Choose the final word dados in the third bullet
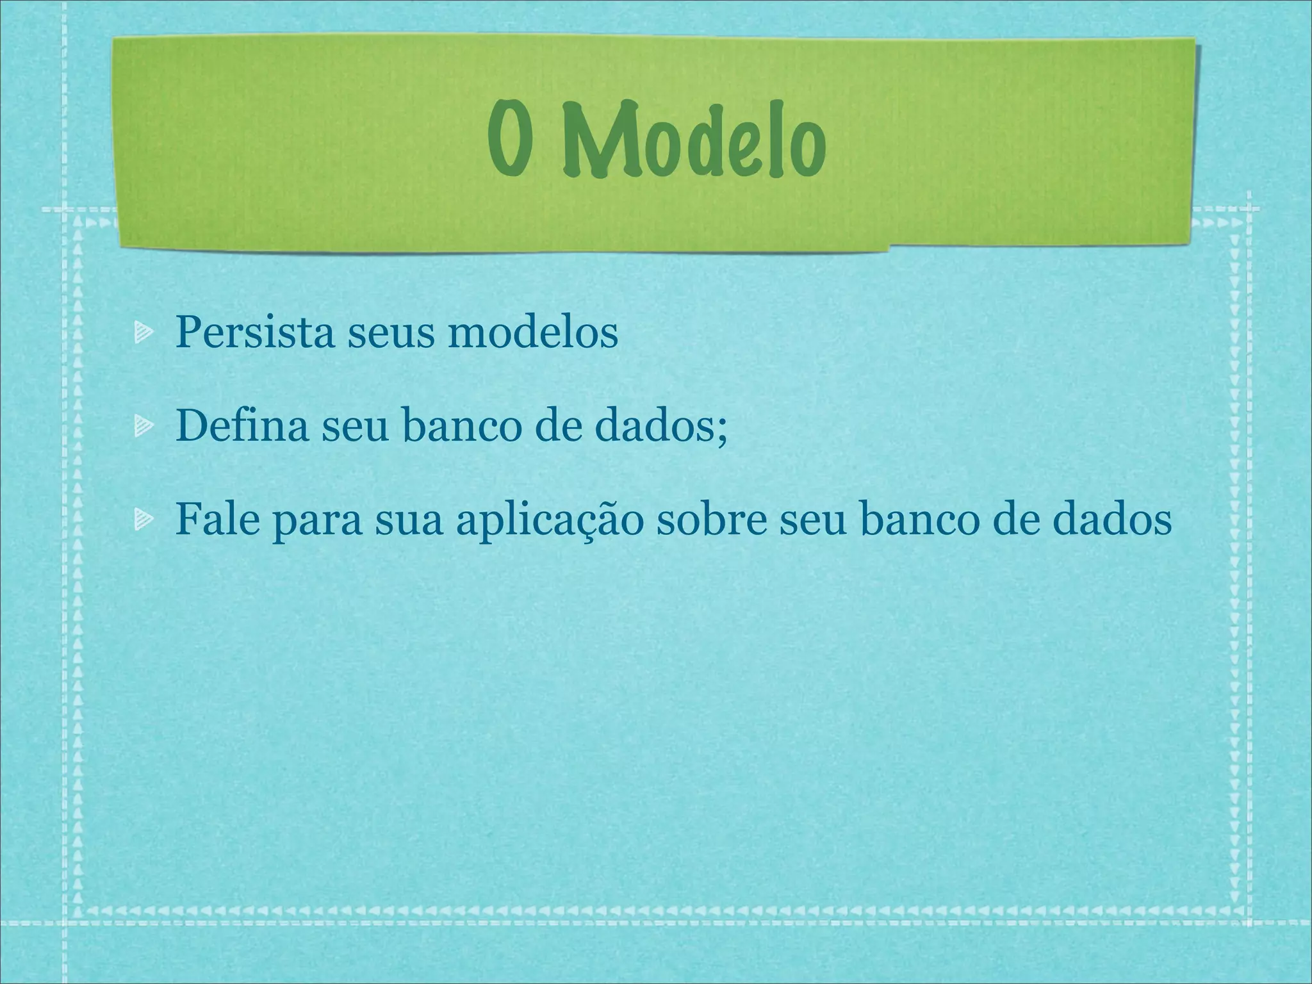tap(1115, 520)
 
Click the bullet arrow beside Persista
tap(143, 333)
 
